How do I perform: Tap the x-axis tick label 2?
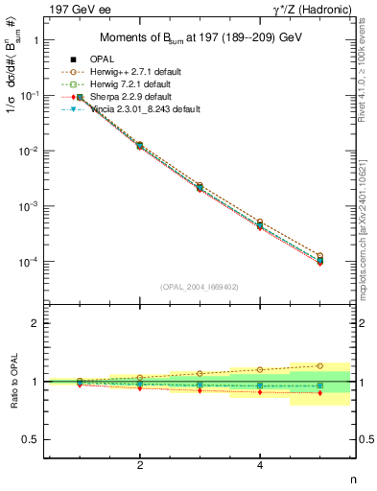141,465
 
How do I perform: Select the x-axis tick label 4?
261,465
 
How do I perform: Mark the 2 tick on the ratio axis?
36,323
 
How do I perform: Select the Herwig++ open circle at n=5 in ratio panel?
320,365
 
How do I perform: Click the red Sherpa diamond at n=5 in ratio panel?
320,393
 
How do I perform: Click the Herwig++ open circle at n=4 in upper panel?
261,222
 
